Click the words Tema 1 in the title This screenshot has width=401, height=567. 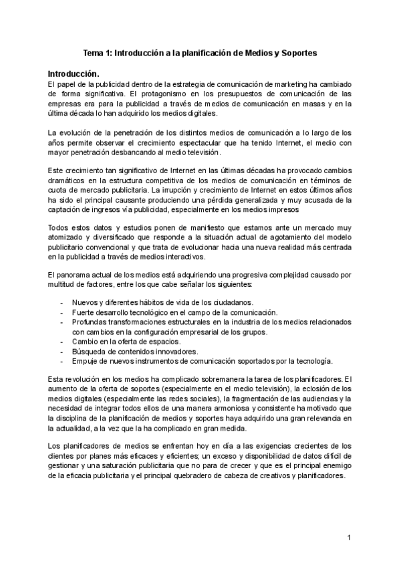(98, 51)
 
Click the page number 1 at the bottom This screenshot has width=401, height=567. (349, 538)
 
